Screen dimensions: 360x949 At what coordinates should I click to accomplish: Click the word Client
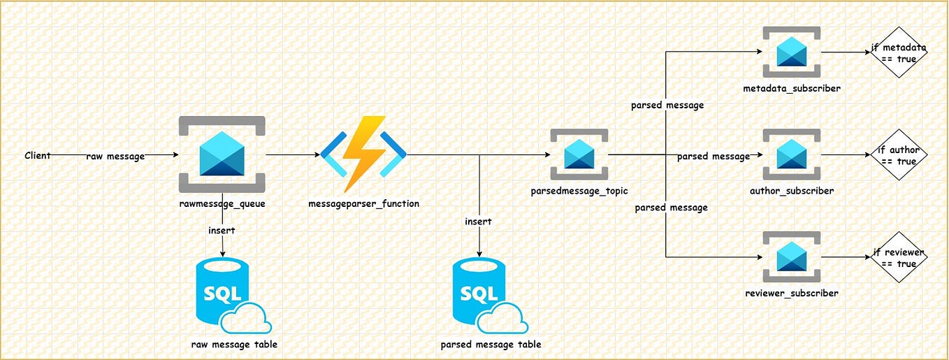pos(37,155)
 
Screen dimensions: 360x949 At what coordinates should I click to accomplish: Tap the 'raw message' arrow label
pos(115,157)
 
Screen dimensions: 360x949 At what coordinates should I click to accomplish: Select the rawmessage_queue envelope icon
pos(222,154)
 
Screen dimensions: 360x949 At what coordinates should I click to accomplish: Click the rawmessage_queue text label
pos(222,203)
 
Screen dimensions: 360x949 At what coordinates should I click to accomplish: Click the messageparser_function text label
pos(363,203)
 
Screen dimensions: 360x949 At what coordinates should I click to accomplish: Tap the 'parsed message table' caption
pos(491,344)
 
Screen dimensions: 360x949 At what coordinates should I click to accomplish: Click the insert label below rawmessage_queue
pos(222,230)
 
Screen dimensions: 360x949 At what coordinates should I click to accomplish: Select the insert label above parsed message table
pos(479,222)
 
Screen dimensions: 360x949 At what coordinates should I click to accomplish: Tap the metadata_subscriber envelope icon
pos(792,52)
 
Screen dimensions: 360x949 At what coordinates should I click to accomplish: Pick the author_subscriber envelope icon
pos(792,154)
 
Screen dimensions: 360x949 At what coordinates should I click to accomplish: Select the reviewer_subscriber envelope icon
pos(792,257)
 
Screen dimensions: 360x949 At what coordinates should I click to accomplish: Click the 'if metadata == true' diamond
pos(899,53)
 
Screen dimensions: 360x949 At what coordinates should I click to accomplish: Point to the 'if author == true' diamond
pos(899,155)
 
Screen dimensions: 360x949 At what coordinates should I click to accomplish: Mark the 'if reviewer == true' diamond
pos(899,257)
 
